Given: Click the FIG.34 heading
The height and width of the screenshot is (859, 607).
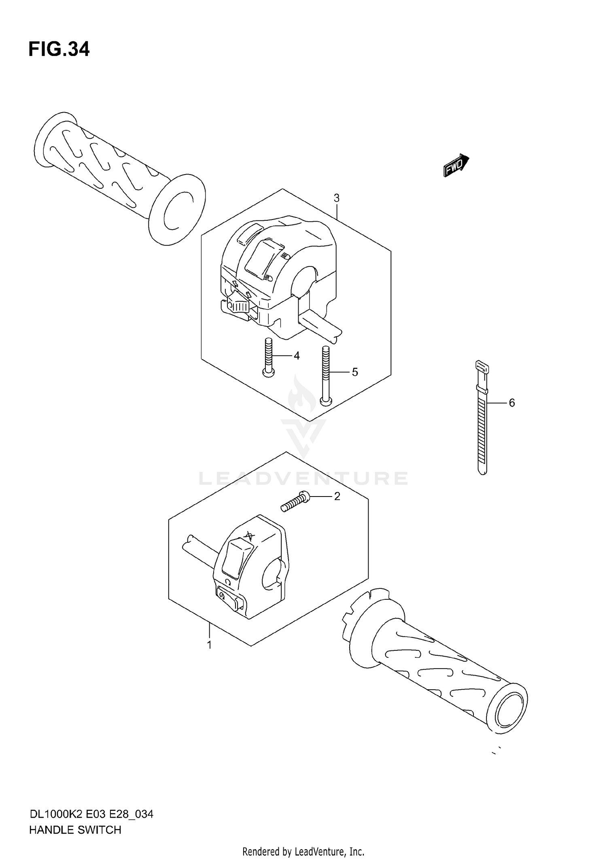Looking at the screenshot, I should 59,49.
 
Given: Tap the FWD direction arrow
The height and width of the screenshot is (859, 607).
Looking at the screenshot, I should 456,166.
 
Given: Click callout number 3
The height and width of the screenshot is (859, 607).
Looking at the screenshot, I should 336,198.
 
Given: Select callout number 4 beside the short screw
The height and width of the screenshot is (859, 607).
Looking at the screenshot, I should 297,356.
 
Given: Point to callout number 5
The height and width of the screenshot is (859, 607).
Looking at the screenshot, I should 355,372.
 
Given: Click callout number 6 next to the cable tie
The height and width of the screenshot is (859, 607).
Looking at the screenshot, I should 511,403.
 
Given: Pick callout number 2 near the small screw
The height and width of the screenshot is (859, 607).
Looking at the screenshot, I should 337,496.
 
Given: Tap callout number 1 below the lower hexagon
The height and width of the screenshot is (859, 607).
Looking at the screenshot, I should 209,645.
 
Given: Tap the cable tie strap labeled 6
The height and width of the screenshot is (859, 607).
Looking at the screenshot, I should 482,425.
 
